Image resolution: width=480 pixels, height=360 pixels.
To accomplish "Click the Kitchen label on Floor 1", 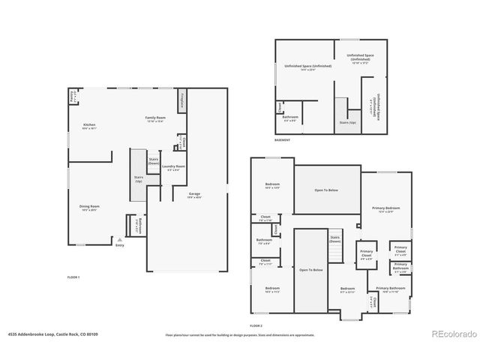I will point(89,125).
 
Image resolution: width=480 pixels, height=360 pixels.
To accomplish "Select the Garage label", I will point(194,194).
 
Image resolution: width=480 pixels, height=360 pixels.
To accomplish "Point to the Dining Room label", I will point(90,207).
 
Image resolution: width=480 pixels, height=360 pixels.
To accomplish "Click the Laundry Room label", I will point(176,167).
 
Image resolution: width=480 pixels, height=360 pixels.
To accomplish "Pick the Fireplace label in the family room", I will point(181,100).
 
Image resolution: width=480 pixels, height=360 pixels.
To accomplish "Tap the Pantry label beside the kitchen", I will point(72,96).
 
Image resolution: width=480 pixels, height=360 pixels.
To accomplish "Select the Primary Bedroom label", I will point(387,208).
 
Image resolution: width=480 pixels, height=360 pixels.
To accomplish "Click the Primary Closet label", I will point(366,253).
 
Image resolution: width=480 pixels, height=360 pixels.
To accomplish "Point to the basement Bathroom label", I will point(290,117).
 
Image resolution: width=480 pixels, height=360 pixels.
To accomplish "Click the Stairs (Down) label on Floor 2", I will point(335,239).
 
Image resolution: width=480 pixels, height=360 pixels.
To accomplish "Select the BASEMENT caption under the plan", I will point(282,140).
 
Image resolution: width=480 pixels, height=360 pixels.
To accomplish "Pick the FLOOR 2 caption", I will point(256,325).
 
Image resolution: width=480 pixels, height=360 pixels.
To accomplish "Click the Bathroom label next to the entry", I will point(138,226).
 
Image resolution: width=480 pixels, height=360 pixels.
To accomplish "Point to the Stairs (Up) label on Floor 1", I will point(139,180).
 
